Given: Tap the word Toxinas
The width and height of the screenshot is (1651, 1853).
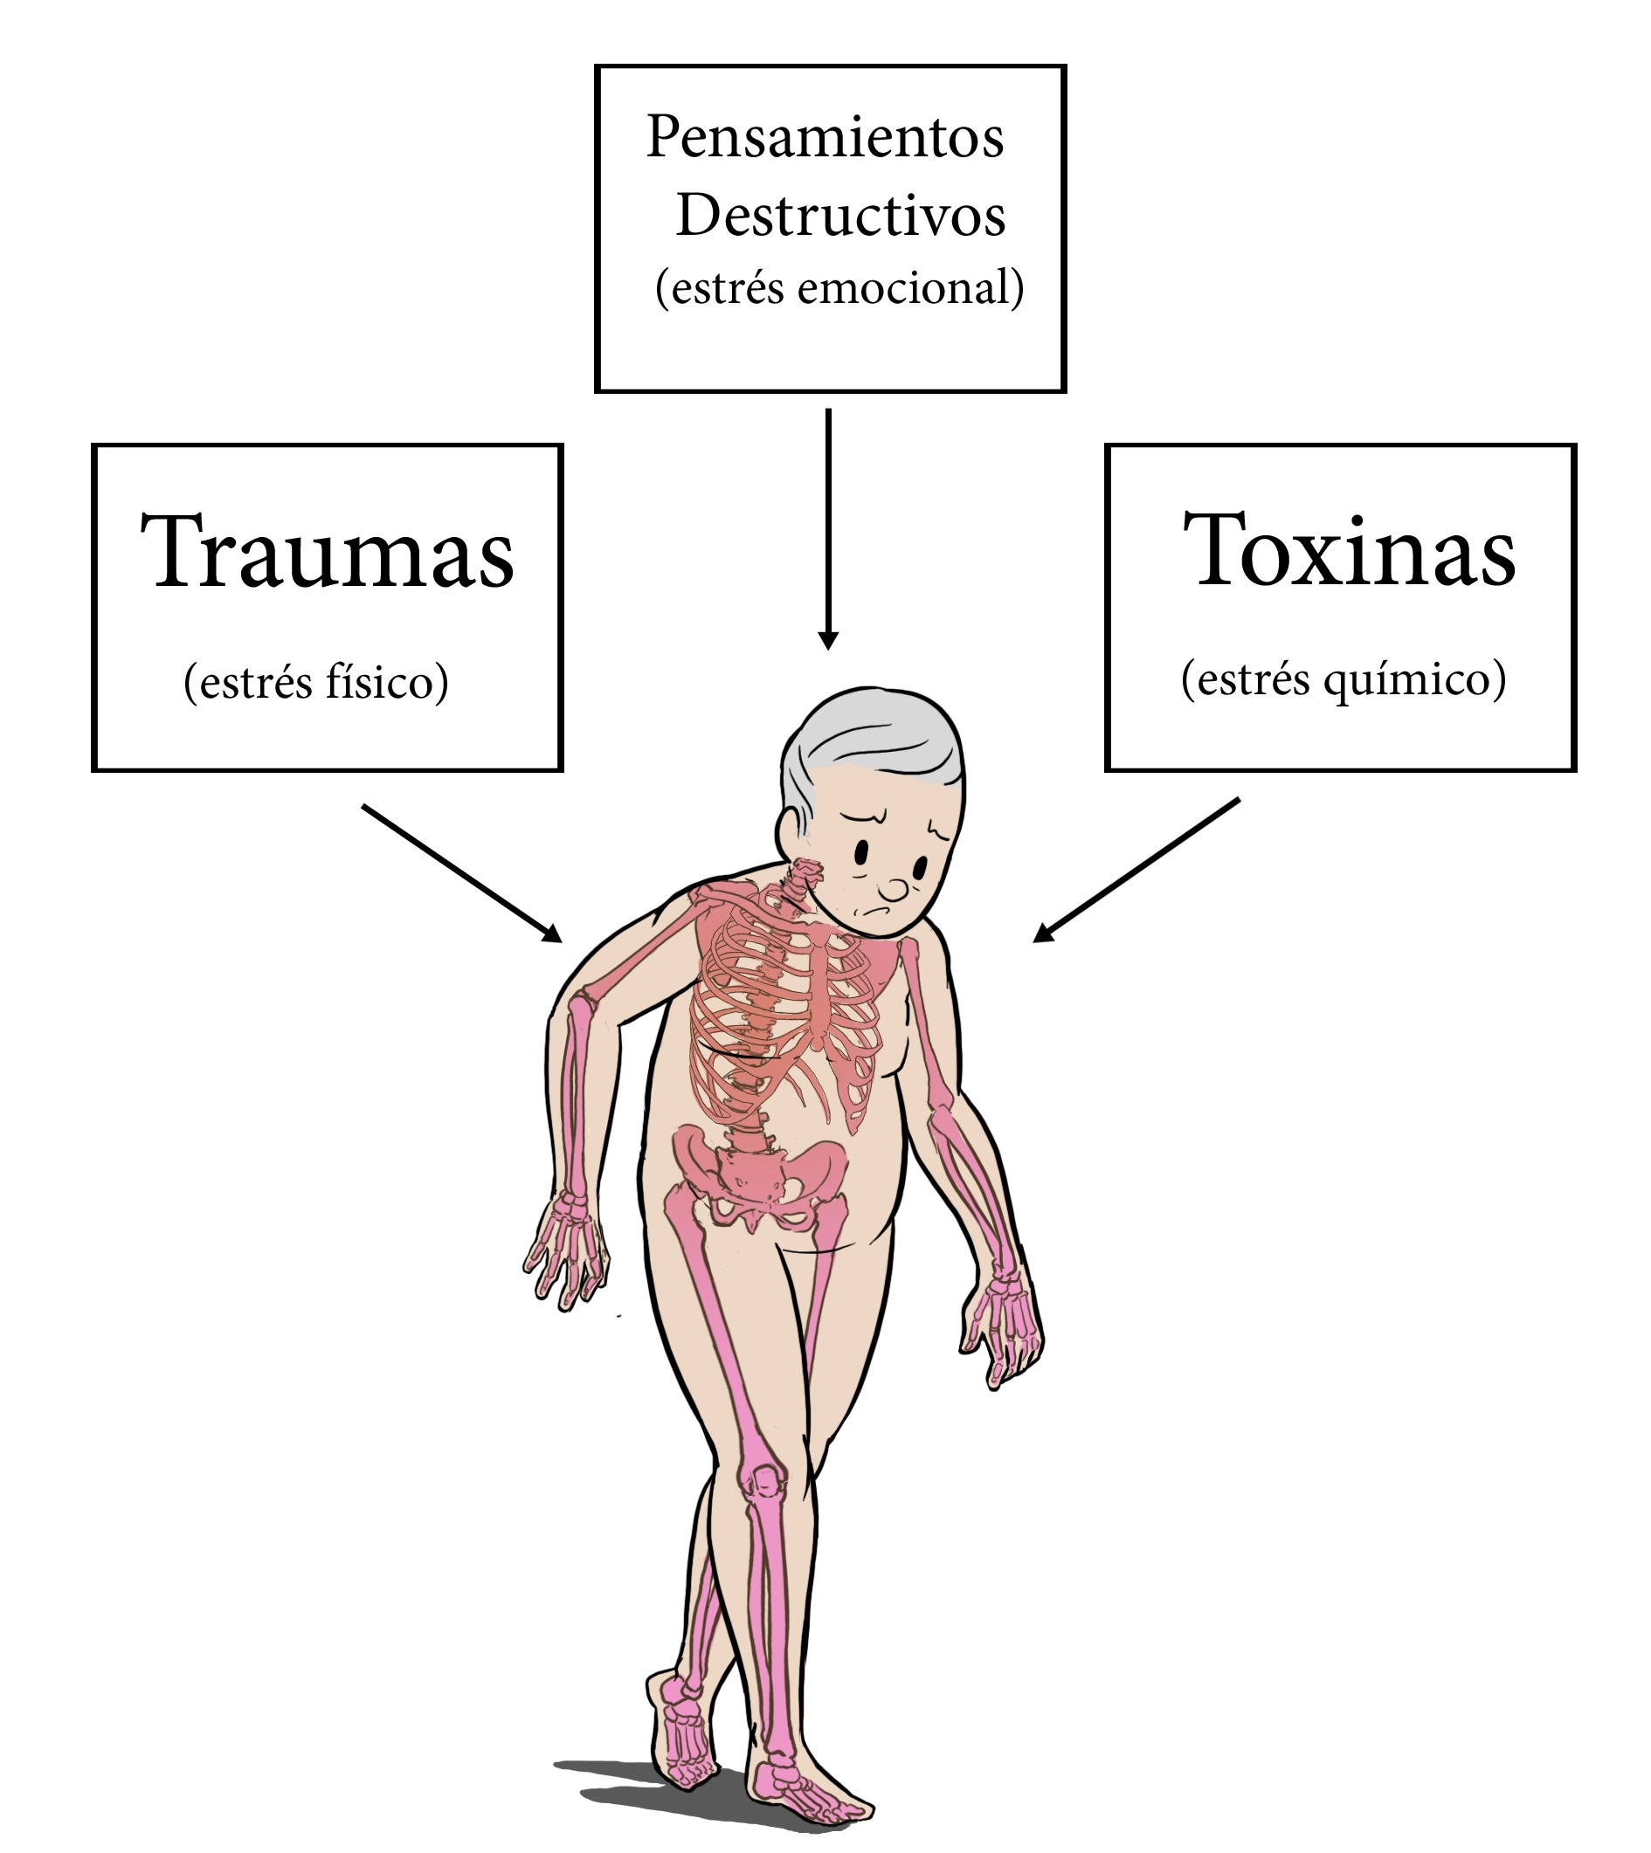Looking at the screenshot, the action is (1349, 548).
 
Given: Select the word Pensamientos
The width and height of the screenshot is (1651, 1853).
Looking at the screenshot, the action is (825, 137).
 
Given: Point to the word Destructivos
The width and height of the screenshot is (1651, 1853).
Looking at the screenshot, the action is (841, 216).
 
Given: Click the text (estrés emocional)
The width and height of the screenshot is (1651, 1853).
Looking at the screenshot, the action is (840, 288).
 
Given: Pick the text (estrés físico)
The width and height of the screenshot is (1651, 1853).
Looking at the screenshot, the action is (315, 682).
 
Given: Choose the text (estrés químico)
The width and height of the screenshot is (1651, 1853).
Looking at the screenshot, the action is (1344, 679).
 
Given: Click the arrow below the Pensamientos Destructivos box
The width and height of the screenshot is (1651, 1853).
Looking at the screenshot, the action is (828, 529).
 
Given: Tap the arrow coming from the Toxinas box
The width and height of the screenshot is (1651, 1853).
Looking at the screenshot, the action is (1136, 870).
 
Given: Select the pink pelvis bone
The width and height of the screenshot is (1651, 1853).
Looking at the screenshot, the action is (760, 1176).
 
